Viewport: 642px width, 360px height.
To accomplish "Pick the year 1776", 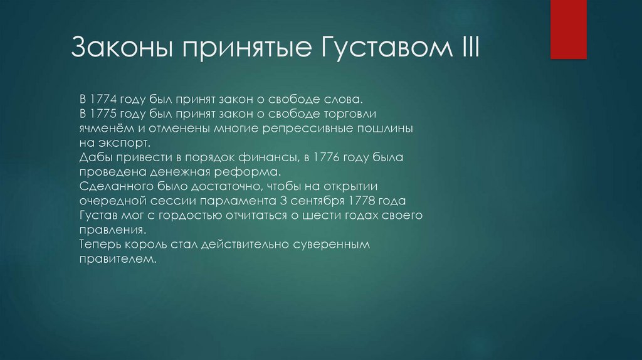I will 340,157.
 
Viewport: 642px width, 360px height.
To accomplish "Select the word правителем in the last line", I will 117,258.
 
